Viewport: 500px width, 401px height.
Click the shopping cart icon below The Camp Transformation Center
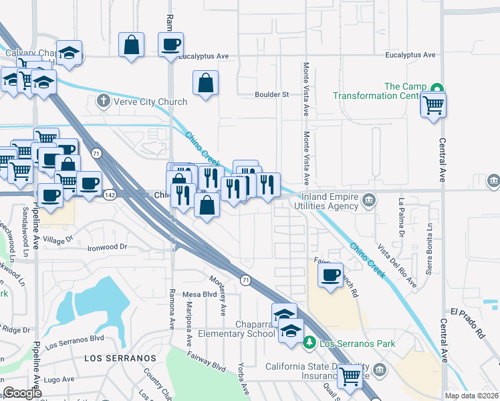tap(434, 104)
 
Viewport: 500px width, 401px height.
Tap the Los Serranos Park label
tap(358, 344)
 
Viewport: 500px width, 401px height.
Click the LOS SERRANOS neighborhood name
tap(120, 358)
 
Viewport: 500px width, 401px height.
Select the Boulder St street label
tap(271, 94)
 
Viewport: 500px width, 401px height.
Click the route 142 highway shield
tap(111, 194)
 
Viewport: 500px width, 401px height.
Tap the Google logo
tap(22, 393)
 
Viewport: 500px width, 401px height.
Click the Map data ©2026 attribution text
tap(472, 396)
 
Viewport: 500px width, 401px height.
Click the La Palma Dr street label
tap(402, 217)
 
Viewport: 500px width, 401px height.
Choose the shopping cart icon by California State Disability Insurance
tap(350, 376)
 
